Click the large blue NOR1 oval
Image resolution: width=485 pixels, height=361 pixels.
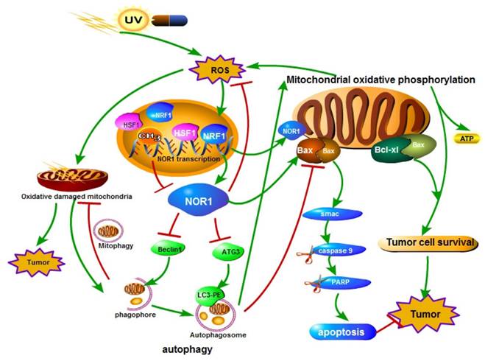point(198,200)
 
